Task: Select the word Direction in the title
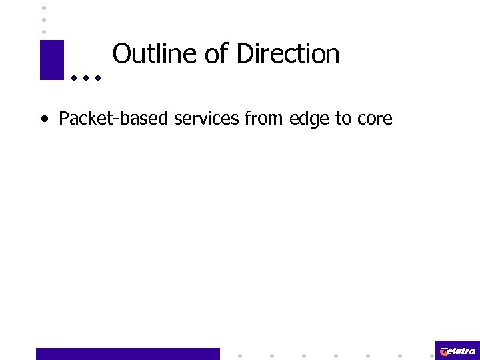288,54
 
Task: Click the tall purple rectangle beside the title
51,60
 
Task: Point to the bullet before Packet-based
44,120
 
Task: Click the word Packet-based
114,119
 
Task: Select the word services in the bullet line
207,119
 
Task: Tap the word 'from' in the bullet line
262,119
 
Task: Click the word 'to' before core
343,119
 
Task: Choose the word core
374,119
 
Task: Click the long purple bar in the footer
127,353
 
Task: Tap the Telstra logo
457,351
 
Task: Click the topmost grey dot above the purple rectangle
43,7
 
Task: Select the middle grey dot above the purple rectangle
43,19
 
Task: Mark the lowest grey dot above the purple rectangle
43,31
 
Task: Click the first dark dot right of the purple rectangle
73,78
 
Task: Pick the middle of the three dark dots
85,78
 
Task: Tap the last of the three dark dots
98,78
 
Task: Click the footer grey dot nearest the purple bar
239,355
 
